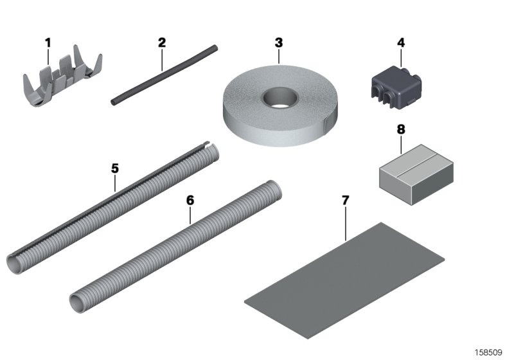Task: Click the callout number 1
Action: (x=47, y=43)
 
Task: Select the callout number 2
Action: (x=161, y=43)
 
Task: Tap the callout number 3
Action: (x=278, y=43)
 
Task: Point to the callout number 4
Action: (x=401, y=43)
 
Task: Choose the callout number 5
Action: (x=115, y=168)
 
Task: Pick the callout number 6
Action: (x=190, y=200)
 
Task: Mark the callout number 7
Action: (x=345, y=200)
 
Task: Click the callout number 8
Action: (x=401, y=129)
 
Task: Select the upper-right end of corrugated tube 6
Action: (x=274, y=194)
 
